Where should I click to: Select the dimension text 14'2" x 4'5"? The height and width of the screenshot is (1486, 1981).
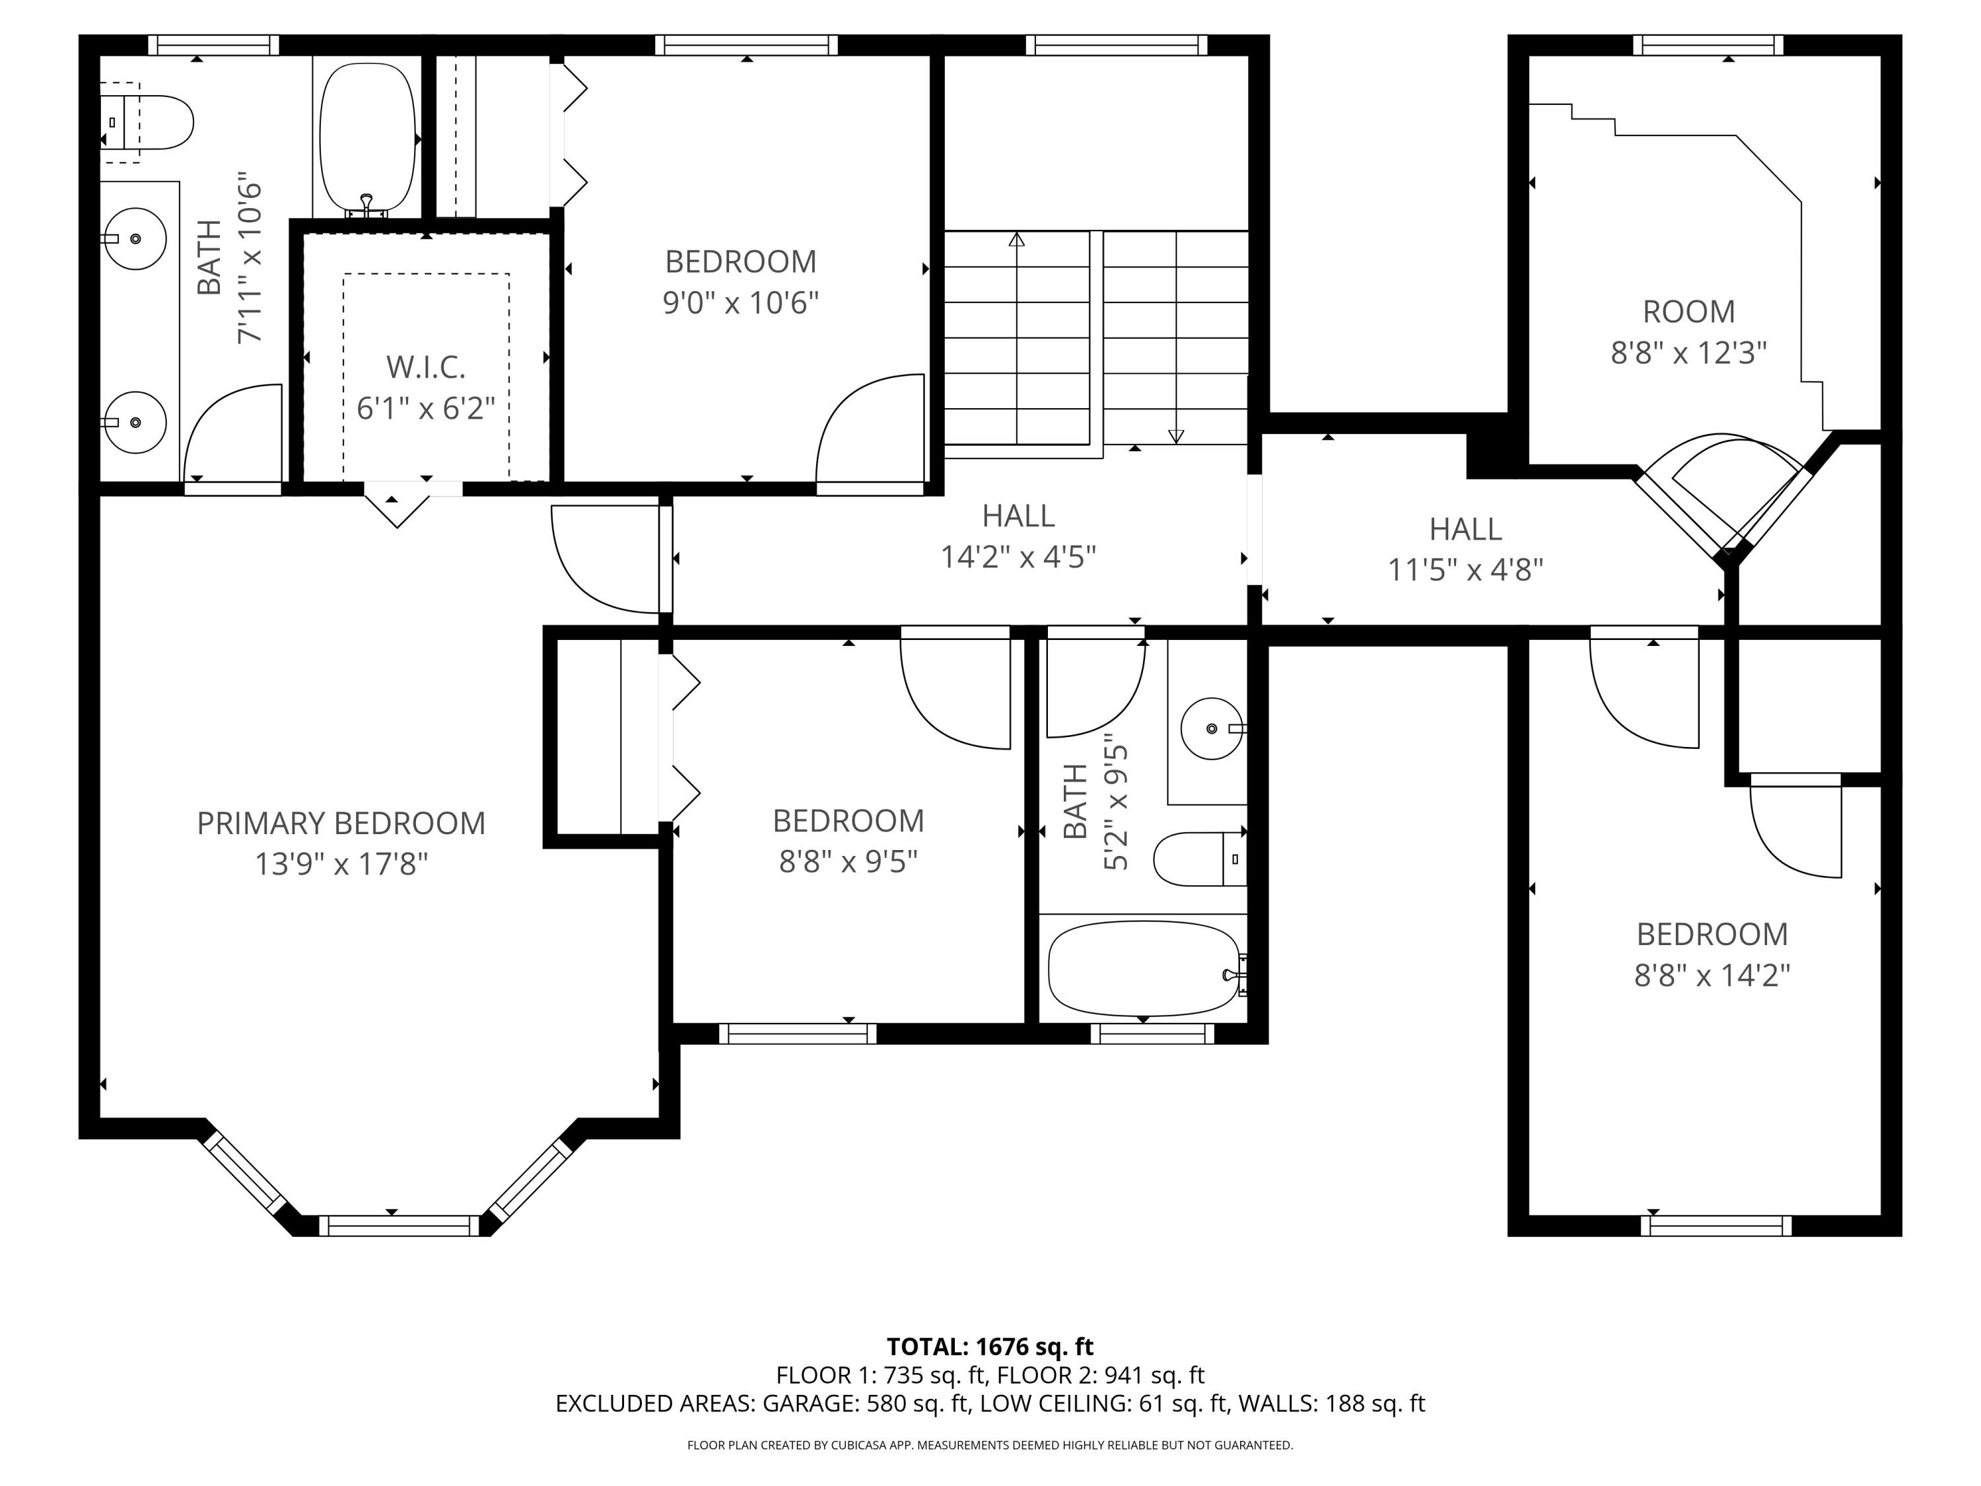[1018, 557]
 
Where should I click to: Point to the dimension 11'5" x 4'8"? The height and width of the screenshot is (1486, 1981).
[1465, 570]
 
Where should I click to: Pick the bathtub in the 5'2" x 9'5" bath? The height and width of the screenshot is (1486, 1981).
[1143, 969]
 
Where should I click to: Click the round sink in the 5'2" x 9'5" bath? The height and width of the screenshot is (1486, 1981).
[1211, 728]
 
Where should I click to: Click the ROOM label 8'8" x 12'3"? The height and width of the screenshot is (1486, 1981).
[1688, 312]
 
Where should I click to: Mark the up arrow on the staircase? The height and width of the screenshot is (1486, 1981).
[1016, 240]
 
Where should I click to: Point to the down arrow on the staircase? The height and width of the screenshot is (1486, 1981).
[1176, 435]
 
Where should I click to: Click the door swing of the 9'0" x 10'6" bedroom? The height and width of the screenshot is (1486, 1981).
[869, 430]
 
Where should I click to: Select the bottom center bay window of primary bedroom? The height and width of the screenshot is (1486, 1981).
[400, 1225]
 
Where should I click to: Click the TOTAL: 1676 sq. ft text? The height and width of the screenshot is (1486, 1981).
[990, 1346]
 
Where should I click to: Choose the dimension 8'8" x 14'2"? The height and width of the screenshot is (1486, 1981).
[1712, 975]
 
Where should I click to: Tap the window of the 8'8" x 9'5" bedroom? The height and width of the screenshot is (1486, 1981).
[797, 1034]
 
